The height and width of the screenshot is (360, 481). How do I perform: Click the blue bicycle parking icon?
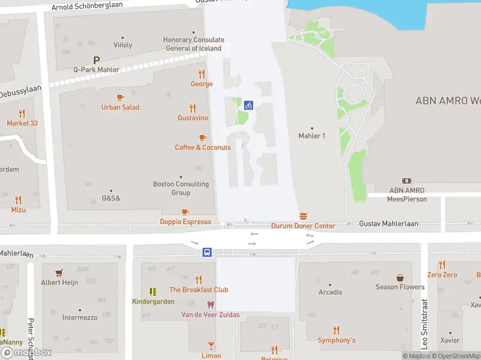pos(248,105)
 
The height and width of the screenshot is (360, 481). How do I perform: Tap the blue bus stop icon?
pos(207,252)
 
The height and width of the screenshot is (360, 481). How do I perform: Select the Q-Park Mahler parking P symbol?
pos(96,60)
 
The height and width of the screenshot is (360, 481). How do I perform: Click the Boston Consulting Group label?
pos(180,188)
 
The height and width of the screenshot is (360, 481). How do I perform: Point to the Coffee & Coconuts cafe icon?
pos(202,138)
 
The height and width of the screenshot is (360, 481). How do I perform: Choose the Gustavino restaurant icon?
pos(192,109)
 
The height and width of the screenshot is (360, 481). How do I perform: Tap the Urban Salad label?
pos(120,107)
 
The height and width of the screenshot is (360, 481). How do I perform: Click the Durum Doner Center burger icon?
pos(303,216)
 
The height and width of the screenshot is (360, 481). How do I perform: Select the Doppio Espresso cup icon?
pos(185,212)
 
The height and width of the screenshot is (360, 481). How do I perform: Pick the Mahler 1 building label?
pos(311,136)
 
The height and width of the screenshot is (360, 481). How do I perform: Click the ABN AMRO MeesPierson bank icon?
pos(406,181)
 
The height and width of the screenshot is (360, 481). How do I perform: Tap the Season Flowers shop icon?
pos(400,278)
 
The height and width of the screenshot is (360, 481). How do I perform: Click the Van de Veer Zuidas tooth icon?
pos(210,305)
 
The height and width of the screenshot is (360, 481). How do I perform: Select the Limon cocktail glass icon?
pos(211,345)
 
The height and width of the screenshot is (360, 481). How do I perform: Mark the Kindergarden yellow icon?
pos(153,292)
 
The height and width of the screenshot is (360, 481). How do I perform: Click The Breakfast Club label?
pos(198,290)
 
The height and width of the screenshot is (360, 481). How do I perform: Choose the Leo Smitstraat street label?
pos(424,324)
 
